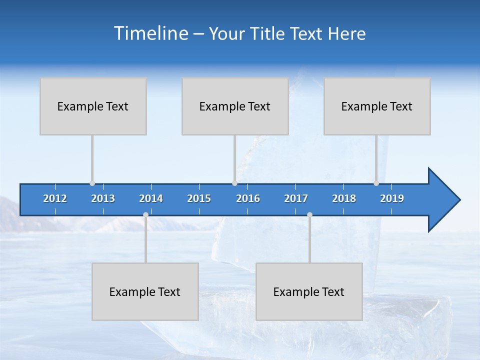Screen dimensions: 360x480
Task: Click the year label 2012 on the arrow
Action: click(55, 198)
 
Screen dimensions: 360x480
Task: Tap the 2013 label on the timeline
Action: click(103, 198)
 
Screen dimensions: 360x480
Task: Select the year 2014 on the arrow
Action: click(151, 198)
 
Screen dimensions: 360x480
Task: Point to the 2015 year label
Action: click(199, 198)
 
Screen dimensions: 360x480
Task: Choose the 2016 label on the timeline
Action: click(248, 198)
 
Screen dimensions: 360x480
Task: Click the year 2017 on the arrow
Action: click(296, 198)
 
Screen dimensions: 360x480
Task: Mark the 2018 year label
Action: click(344, 198)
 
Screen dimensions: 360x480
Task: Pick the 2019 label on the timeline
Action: click(392, 198)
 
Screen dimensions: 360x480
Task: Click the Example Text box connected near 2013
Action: click(93, 106)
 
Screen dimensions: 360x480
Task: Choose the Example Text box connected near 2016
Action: click(235, 106)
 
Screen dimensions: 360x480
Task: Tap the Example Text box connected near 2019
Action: click(377, 106)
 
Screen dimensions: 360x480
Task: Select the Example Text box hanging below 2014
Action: click(145, 291)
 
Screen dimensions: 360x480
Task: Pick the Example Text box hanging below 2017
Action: click(309, 291)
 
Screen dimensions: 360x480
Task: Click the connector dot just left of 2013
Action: click(92, 183)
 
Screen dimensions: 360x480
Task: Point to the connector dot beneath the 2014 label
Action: click(145, 214)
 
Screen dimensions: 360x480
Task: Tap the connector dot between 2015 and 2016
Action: click(234, 183)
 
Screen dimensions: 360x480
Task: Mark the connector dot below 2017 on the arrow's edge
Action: click(309, 214)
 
